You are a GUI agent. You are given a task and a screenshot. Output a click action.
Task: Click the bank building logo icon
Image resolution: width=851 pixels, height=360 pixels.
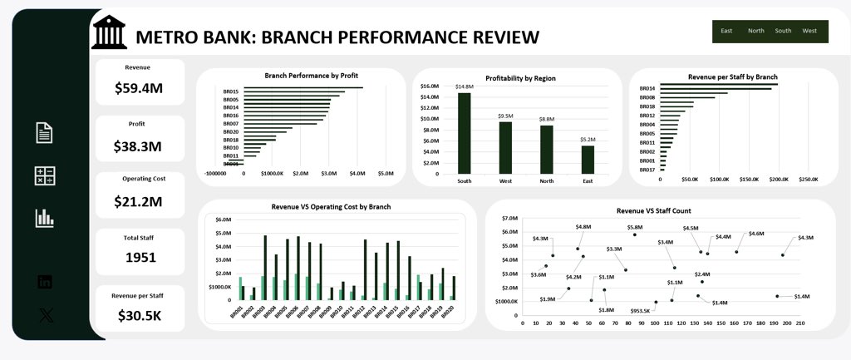tap(110, 32)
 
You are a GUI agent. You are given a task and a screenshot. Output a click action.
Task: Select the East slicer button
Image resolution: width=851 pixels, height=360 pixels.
tap(726, 31)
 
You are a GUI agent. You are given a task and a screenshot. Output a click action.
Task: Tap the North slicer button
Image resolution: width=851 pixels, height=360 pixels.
tap(755, 31)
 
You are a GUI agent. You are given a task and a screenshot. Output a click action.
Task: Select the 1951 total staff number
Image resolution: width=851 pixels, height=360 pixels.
tap(140, 257)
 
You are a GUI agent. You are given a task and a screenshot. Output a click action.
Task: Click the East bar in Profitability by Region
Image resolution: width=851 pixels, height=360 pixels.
tap(588, 160)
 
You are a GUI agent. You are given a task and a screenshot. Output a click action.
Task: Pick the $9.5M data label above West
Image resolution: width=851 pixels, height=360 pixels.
tap(505, 116)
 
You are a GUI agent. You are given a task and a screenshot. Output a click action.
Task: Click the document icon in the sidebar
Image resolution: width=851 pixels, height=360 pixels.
tap(45, 132)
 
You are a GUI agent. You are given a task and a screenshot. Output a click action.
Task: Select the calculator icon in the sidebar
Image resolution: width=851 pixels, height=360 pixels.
tap(45, 175)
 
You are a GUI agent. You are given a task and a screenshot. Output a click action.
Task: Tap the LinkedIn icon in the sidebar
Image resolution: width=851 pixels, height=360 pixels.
tap(45, 282)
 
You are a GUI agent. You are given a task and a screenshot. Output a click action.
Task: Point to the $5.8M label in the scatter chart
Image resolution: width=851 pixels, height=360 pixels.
tap(635, 226)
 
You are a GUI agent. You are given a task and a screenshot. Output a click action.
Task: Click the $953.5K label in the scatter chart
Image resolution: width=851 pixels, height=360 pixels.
tap(640, 311)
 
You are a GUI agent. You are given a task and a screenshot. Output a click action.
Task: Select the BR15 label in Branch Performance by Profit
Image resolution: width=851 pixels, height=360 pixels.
tap(231, 91)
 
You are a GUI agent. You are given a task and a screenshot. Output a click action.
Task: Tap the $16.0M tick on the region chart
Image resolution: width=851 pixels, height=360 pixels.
tap(429, 86)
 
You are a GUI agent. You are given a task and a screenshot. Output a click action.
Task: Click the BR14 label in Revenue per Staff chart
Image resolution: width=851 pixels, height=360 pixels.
tap(647, 88)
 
